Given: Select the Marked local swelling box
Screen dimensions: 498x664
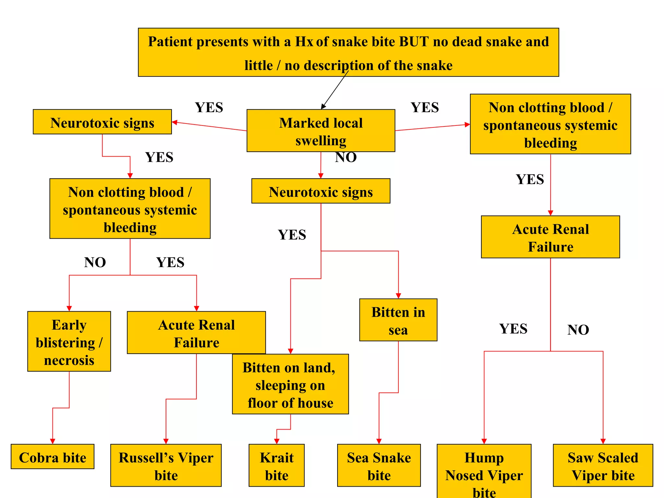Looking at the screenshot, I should pos(321,131).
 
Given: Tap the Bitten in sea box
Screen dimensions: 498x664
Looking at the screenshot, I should pos(398,320).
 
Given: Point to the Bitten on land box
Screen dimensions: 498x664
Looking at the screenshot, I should pos(290,384).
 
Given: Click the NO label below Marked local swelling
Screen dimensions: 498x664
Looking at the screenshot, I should pos(346,158).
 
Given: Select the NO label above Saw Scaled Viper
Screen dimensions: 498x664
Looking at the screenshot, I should pos(578,330).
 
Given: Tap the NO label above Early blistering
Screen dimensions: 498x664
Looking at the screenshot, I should pos(95,262).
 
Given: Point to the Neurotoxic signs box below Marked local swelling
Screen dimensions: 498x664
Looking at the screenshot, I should pos(321,191).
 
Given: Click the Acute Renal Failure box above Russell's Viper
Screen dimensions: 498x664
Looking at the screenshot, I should pos(196,333).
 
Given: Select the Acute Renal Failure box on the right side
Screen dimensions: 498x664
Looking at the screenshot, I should pos(550,237).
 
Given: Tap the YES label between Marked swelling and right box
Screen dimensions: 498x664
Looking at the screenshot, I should pos(425,108).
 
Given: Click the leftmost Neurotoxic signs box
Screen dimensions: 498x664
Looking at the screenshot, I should pos(102,122).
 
